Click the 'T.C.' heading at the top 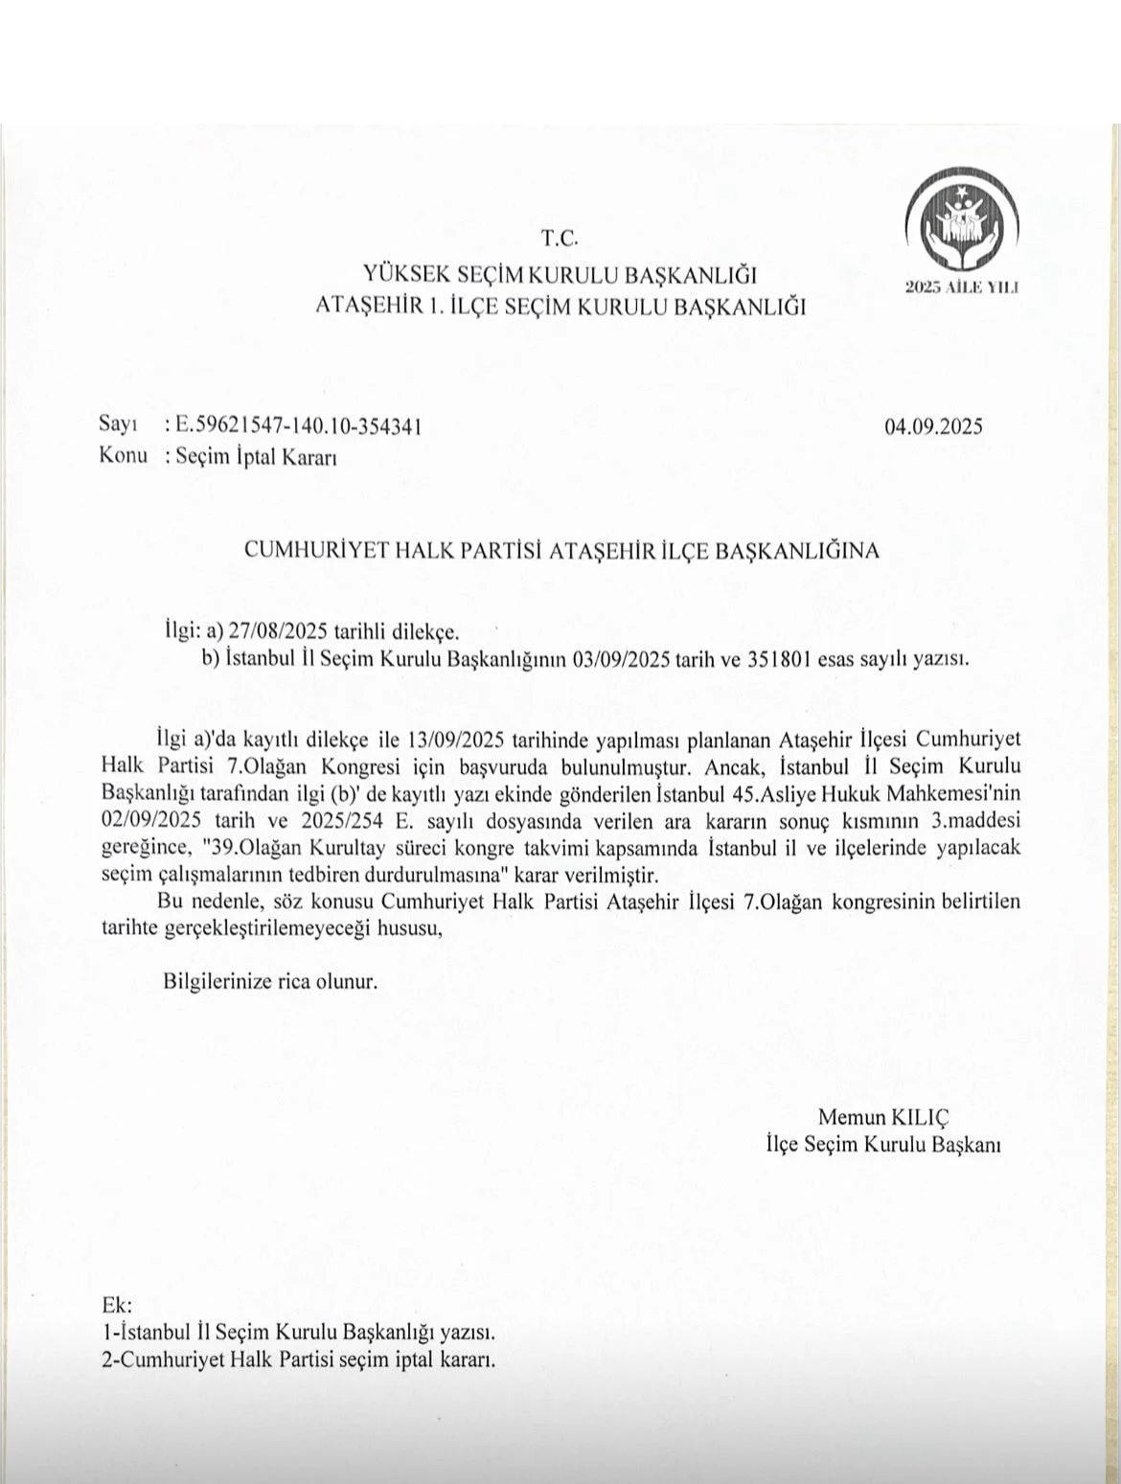point(560,238)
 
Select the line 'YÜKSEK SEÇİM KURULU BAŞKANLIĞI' point(560,276)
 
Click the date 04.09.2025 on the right point(933,426)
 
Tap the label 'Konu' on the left point(123,455)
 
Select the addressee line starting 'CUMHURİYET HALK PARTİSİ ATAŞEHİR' point(561,551)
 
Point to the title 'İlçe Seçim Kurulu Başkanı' point(882,1144)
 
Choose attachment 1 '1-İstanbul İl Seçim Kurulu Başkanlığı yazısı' point(298,1332)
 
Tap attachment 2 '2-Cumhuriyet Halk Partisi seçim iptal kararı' point(298,1359)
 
